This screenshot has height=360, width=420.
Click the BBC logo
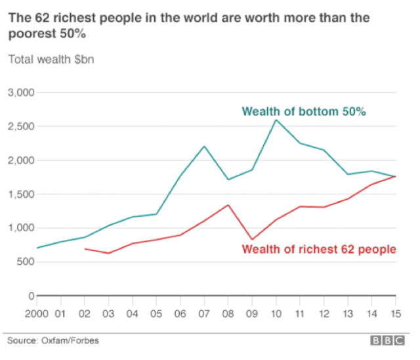coord(388,340)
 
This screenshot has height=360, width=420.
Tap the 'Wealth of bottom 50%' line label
coord(304,112)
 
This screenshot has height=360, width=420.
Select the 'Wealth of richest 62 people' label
coord(319,249)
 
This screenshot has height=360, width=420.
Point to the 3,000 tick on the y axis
coord(22,93)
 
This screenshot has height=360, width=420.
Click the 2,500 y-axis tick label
coord(22,126)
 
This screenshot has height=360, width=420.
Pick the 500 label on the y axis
coord(26,261)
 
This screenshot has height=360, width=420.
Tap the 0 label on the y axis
coord(31,296)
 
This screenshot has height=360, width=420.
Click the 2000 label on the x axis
coord(37,313)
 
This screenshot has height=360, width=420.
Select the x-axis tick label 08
coord(228,313)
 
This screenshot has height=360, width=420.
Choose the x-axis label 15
coord(396,313)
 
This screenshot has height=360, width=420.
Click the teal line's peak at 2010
coord(276,120)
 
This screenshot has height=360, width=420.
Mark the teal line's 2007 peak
coord(204,146)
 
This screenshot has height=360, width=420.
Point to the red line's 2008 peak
coord(228,205)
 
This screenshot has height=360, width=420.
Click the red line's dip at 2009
coord(252,239)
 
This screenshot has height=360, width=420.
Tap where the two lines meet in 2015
coord(395,176)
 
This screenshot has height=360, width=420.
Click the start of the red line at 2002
coord(85,249)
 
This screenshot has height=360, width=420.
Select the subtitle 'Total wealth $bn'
coord(51,59)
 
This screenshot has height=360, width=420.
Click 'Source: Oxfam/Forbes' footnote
coord(53,340)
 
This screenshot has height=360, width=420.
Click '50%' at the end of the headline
coord(73,34)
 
